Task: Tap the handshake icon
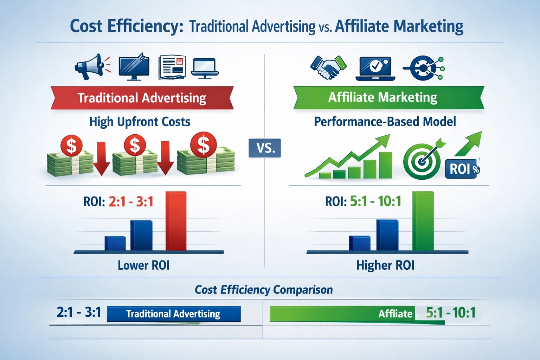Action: (328, 67)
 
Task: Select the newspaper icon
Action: (172, 67)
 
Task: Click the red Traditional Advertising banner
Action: (142, 98)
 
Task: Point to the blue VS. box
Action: (265, 148)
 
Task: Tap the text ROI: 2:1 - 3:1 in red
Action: (131, 201)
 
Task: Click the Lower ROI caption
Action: (143, 265)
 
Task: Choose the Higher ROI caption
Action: (385, 265)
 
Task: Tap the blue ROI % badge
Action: (462, 169)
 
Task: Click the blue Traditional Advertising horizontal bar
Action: (174, 314)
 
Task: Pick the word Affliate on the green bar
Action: (395, 314)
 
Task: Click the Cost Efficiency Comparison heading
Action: (264, 290)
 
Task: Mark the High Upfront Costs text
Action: (140, 122)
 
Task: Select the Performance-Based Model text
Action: (385, 122)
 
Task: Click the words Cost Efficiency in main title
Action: (127, 27)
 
